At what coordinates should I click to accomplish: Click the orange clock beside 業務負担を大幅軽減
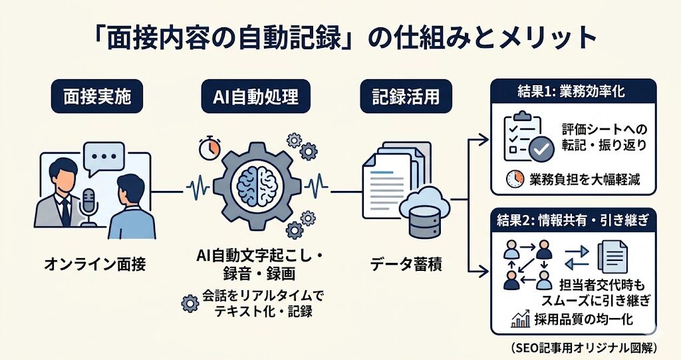[515, 178]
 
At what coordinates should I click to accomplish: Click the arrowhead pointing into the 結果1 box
[484, 138]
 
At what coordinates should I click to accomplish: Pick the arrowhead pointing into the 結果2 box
[484, 270]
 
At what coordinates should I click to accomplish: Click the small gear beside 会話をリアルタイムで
[191, 303]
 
